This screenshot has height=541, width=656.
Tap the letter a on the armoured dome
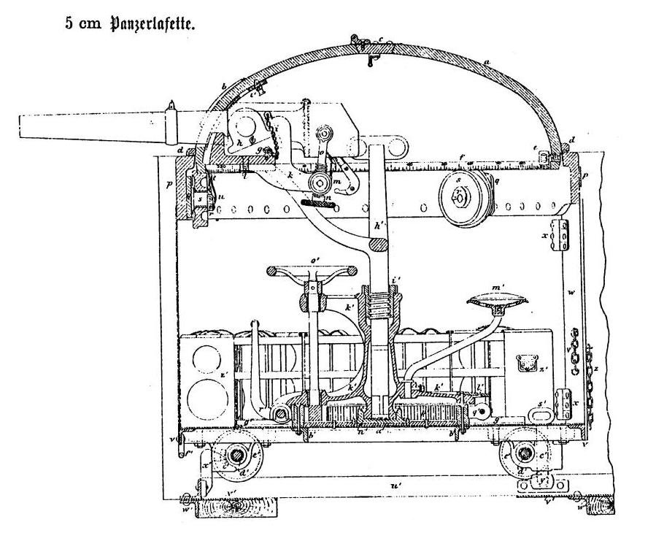point(486,63)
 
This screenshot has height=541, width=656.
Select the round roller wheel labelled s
point(461,196)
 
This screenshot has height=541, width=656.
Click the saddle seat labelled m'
point(498,298)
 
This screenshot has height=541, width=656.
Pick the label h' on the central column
point(377,227)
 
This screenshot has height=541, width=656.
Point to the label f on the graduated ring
point(462,156)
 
